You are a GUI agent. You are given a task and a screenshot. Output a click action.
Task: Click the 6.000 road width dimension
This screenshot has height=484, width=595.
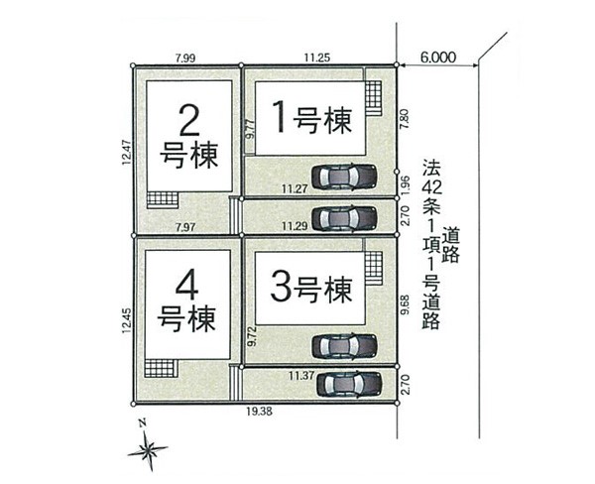click(438, 58)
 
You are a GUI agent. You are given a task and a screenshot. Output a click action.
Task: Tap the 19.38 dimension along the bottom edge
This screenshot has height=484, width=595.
click(259, 412)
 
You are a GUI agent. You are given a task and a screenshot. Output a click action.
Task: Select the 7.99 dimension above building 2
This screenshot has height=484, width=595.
click(185, 59)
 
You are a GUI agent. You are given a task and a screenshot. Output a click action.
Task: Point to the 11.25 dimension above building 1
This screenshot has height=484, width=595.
click(317, 58)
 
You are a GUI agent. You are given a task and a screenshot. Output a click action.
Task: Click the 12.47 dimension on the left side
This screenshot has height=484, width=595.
click(127, 152)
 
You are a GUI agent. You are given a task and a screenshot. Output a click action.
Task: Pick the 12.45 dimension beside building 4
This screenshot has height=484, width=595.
click(127, 320)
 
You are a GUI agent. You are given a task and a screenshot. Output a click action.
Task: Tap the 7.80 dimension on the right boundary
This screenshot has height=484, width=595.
click(405, 119)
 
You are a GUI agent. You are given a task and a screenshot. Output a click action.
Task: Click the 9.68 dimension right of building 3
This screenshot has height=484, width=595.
click(405, 304)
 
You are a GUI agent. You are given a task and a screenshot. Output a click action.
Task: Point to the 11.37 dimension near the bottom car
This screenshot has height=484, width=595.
click(301, 376)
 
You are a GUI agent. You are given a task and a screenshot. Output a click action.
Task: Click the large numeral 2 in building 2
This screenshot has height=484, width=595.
click(188, 121)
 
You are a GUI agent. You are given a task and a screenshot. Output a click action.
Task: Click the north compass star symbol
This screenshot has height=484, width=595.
click(148, 449)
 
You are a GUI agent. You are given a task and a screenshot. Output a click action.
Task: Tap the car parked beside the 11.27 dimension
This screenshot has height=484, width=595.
click(344, 177)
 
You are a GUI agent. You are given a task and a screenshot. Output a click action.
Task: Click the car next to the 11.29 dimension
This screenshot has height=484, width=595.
click(344, 218)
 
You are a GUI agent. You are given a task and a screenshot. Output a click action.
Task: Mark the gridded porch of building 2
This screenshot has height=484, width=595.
click(163, 200)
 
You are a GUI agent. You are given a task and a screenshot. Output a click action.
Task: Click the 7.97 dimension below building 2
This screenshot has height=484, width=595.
click(185, 227)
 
